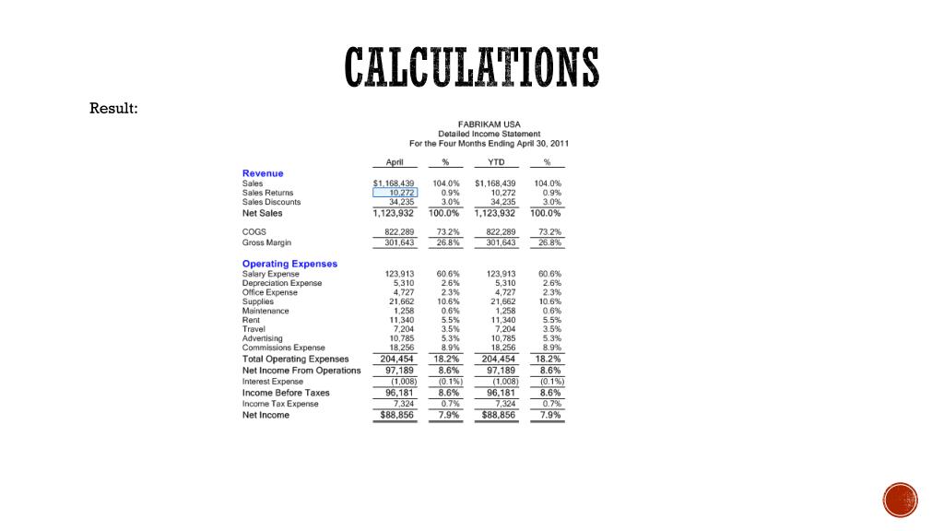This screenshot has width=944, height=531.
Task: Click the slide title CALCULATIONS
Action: pos(472,69)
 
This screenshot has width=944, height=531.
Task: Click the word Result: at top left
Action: pos(113,109)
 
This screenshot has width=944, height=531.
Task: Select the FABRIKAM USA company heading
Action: pos(489,124)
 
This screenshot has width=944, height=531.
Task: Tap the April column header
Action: pos(395,161)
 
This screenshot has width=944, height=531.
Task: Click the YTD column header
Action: pos(495,161)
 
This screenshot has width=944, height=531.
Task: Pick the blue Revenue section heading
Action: pos(263,173)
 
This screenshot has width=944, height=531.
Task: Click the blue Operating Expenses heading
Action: pos(289,264)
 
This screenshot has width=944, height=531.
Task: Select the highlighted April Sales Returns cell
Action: pos(395,193)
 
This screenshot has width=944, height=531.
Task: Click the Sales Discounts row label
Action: pos(271,202)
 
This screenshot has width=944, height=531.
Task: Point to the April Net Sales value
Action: pos(394,213)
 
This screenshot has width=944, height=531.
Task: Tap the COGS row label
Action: pos(254,232)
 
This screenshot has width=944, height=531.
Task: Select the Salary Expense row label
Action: pos(270,274)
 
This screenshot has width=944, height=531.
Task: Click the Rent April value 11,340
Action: pos(402,320)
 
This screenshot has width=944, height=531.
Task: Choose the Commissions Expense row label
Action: pos(283,348)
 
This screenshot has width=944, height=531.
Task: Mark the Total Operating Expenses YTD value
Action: pos(496,359)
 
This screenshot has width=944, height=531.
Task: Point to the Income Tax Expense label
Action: pos(280,404)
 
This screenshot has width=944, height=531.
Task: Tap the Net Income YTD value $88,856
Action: pos(496,415)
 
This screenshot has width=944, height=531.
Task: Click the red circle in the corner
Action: pos(901,500)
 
